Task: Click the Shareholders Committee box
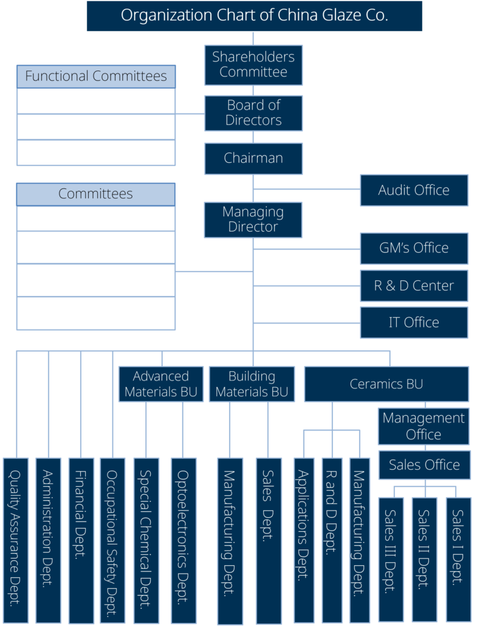253,64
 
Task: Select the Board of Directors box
253,113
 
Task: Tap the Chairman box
253,158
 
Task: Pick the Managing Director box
253,219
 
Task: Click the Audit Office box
414,190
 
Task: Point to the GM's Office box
414,248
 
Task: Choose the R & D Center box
414,286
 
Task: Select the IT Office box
414,322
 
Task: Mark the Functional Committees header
96,77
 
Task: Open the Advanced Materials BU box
161,384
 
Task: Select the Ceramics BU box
386,384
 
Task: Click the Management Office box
424,426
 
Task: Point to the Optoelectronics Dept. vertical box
183,540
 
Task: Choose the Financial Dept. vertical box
81,540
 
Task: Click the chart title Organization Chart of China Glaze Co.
254,16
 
